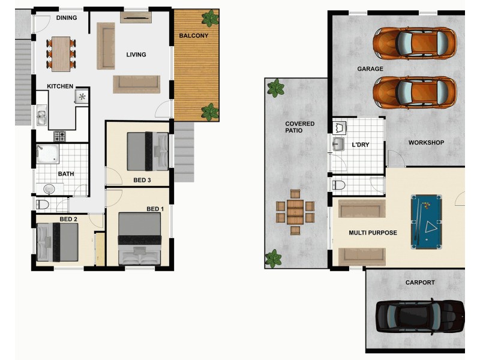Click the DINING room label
(x=67, y=18)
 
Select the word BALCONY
(x=194, y=36)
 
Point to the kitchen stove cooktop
(x=60, y=136)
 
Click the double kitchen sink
(x=41, y=116)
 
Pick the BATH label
(x=66, y=175)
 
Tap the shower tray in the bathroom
(x=47, y=154)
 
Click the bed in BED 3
(x=147, y=151)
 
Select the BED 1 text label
(x=155, y=209)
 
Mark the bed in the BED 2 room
(x=58, y=242)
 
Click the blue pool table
(x=427, y=221)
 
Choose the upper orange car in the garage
(x=415, y=43)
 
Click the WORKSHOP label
(x=426, y=143)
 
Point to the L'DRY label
(x=361, y=145)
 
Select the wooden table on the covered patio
(x=295, y=212)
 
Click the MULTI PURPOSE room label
(x=373, y=233)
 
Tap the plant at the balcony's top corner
(x=210, y=19)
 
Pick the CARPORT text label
(x=419, y=283)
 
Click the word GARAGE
(x=370, y=69)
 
